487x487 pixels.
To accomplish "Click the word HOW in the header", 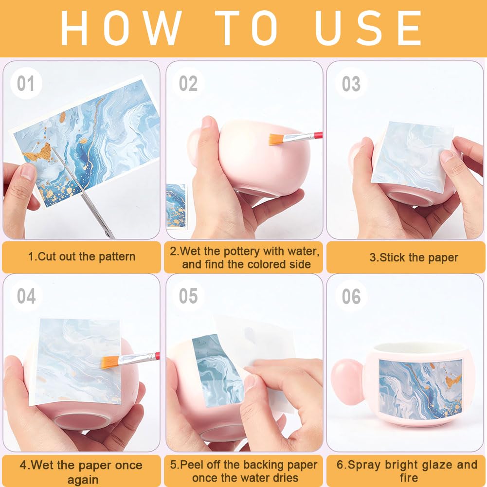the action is coord(121,28).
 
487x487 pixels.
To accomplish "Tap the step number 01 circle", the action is coord(26,83).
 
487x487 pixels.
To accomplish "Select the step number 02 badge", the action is coord(188,83).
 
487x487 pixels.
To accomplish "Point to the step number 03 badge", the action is coord(351,83).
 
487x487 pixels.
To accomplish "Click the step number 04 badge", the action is coord(26,296).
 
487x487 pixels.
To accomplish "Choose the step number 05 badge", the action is coord(188,296).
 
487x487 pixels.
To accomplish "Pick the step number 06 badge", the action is coord(351,296).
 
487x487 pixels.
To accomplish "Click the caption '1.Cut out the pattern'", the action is coord(82,256).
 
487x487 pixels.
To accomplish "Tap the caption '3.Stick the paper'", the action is coord(414,257).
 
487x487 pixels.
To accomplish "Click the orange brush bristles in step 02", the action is coord(276,139).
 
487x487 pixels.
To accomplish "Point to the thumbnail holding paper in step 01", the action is coord(29,172).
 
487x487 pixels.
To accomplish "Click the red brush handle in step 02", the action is coord(318,135).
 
